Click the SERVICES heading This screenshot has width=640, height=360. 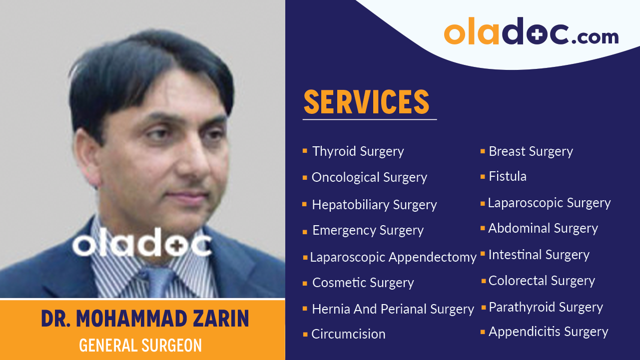(x=366, y=102)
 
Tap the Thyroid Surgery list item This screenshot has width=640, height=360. (x=358, y=151)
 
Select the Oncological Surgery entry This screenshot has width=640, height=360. (x=369, y=177)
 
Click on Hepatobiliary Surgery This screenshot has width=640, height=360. (x=374, y=205)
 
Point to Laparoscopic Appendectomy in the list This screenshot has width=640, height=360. (x=393, y=257)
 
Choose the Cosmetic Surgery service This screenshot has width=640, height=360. (x=363, y=283)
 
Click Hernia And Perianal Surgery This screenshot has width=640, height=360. (x=393, y=309)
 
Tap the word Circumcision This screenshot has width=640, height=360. (x=348, y=334)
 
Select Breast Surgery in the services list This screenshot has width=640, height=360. (x=531, y=151)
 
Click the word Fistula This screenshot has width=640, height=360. (x=507, y=176)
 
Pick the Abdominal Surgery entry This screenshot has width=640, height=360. (x=543, y=228)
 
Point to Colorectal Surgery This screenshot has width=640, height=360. (x=542, y=281)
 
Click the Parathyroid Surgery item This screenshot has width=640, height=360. (x=546, y=307)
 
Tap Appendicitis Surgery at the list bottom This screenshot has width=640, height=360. (x=548, y=332)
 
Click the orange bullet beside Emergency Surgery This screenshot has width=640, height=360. (x=305, y=232)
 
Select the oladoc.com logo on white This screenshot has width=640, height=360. (x=531, y=32)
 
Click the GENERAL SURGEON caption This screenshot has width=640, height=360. (x=140, y=345)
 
